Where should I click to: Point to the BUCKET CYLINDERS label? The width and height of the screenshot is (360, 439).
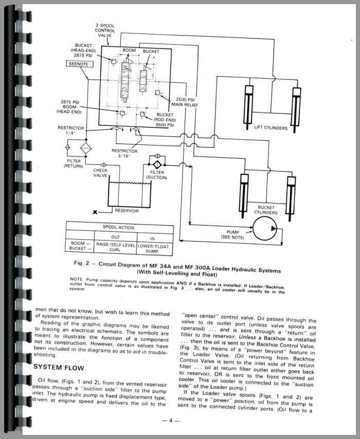pos(266,210)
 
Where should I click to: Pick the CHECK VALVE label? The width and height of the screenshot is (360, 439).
pos(100,173)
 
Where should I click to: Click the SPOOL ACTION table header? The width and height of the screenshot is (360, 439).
pos(119,227)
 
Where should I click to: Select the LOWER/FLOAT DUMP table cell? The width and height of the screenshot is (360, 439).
pos(156,248)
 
